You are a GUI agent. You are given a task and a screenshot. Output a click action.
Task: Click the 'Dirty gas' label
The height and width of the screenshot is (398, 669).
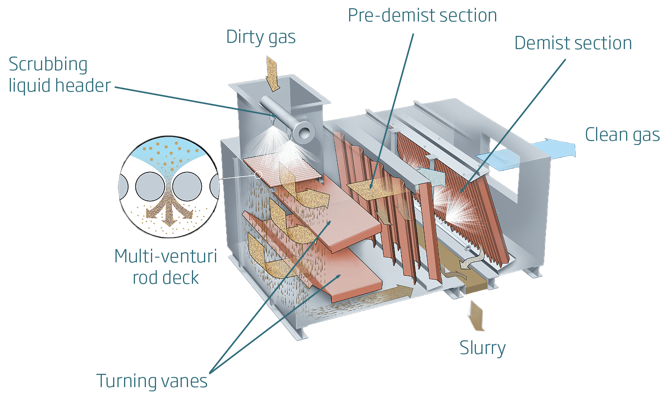tap(261, 37)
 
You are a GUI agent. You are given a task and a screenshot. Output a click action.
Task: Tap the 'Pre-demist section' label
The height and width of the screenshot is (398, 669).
tap(422, 16)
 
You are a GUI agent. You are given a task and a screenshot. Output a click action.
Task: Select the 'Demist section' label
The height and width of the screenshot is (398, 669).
tap(573, 43)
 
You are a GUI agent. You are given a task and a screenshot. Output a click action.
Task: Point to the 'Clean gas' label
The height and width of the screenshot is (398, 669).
tap(622, 135)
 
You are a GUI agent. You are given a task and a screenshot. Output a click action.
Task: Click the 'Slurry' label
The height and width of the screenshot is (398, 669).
tap(483, 348)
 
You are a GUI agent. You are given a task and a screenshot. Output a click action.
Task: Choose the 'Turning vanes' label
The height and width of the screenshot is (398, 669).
tap(152, 381)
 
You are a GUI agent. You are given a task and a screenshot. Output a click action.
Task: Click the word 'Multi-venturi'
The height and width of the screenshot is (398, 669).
tap(165, 256)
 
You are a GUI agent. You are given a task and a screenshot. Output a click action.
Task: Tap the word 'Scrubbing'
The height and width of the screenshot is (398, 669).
tap(48, 65)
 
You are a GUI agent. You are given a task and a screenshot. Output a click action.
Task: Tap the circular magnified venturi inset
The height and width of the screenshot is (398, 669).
tap(169, 187)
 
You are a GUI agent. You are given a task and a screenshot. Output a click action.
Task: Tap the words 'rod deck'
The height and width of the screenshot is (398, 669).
tap(165, 278)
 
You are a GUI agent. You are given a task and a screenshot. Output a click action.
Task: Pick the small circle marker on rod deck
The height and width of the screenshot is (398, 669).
tap(258, 175)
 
